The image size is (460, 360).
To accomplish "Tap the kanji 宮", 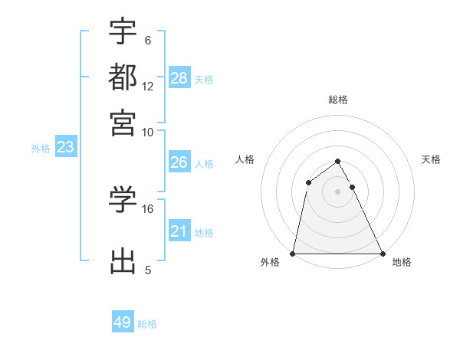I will coord(123,123).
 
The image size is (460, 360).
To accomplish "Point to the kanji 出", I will coord(123,260).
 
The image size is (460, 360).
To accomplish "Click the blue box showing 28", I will coord(179,77).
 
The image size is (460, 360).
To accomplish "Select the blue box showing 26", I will coord(179,162).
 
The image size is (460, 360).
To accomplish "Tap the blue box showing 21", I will coord(179,231).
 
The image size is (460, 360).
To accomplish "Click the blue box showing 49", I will coord(123,322).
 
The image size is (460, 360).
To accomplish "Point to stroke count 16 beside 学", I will coord(148,208).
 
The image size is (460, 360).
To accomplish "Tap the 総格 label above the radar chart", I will coord(338,100).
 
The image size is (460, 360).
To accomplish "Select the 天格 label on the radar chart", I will coord(431,159).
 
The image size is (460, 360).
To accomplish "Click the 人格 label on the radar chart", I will coord(245,159).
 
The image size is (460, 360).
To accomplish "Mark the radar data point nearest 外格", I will coord(294,254).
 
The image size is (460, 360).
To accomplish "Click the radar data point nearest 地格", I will coord(382,254).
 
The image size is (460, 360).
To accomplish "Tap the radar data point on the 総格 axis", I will coord(338,161).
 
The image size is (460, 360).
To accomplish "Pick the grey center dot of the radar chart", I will coord(338,191).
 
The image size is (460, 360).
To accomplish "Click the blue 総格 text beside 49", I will coord(147,324).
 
